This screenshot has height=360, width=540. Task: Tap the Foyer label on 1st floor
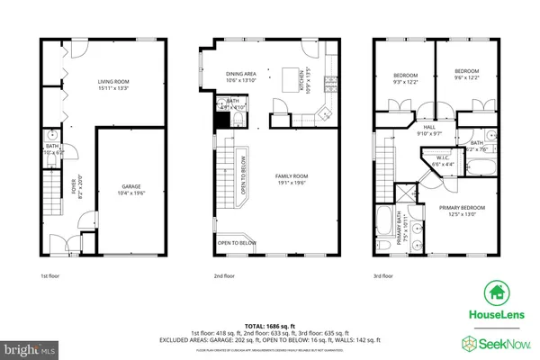pyautogui.click(x=76, y=193)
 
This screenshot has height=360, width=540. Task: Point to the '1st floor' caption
pyautogui.click(x=49, y=276)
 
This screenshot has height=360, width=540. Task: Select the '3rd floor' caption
pyautogui.click(x=384, y=276)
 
